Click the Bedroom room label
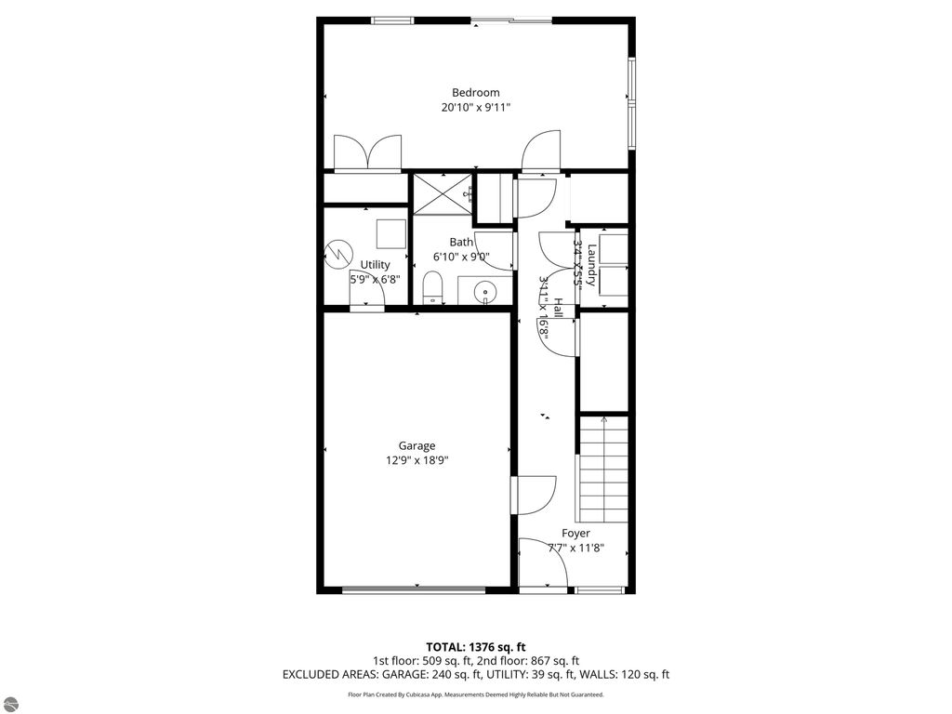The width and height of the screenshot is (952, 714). [x=475, y=92]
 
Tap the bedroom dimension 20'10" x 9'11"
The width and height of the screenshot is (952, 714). [x=475, y=108]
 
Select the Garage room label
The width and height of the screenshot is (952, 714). [x=416, y=445]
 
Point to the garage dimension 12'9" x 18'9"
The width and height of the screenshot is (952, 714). [x=416, y=460]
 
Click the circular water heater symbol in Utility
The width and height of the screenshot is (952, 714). [x=337, y=253]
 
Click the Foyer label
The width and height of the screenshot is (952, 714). [x=575, y=533]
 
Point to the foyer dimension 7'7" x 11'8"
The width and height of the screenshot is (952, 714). [x=575, y=548]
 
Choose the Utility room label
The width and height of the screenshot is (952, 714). [x=376, y=265]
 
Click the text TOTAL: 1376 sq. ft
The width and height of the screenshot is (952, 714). [x=476, y=647]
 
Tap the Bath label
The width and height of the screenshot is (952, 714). [x=461, y=242]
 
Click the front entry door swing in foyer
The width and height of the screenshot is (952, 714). [x=543, y=563]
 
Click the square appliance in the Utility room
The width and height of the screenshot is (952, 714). [x=390, y=233]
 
